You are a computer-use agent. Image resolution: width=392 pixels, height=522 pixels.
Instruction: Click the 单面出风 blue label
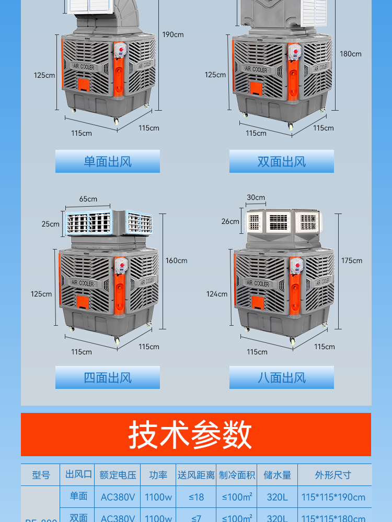tap(108, 161)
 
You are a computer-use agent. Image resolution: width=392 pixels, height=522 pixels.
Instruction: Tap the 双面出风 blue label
tap(281, 161)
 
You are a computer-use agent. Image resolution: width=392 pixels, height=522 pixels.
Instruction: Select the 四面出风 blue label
tap(108, 377)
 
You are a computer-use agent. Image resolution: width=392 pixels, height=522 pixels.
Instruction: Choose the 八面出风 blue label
tap(281, 377)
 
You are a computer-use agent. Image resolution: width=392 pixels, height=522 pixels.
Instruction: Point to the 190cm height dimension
tap(173, 34)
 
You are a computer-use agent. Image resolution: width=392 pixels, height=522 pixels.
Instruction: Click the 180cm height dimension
tap(351, 54)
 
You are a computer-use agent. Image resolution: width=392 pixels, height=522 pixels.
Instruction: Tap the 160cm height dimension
tap(177, 260)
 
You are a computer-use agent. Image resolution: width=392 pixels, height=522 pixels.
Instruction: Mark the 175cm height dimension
tap(352, 260)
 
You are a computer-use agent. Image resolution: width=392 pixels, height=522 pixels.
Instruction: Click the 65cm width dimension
tap(88, 199)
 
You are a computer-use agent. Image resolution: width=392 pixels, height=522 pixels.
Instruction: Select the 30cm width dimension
tap(256, 198)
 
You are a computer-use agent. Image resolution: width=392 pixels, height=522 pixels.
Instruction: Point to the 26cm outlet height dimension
tap(230, 221)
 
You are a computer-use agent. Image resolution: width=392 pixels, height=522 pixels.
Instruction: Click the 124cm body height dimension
tap(217, 294)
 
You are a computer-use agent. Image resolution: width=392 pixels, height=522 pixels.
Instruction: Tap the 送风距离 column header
tap(196, 475)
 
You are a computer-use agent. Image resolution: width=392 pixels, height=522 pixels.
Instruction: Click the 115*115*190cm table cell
tap(333, 497)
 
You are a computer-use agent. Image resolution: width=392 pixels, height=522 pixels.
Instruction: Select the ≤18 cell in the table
tap(196, 497)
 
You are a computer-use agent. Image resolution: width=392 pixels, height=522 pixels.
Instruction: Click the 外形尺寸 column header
tap(333, 475)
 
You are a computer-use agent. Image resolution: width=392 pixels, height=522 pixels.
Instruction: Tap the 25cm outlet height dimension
tap(51, 224)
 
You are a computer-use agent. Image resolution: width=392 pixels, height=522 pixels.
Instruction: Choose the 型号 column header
tap(41, 475)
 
